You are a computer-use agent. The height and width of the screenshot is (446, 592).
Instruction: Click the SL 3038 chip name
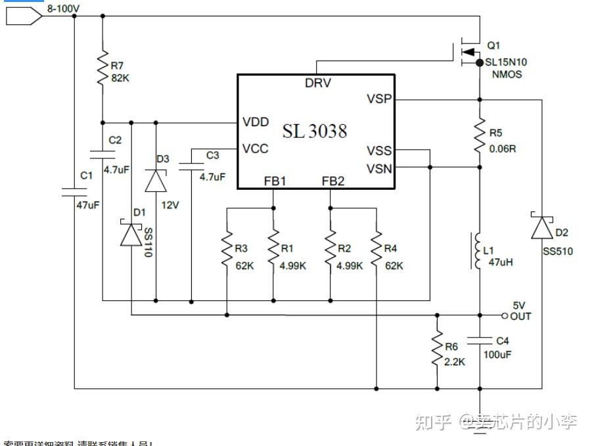(x=315, y=131)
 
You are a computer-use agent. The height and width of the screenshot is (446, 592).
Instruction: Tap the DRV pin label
(x=318, y=83)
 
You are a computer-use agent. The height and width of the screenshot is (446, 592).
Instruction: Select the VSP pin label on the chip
(x=379, y=99)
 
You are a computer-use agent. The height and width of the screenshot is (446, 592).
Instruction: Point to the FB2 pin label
(x=332, y=181)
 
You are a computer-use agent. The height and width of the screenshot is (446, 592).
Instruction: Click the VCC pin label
(x=255, y=148)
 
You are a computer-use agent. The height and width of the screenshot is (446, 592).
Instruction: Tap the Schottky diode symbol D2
(x=541, y=227)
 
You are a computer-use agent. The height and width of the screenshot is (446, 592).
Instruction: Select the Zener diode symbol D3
(x=156, y=179)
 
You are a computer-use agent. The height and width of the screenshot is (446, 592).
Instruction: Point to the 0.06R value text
(x=503, y=148)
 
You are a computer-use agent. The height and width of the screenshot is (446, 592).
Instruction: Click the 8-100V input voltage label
(x=63, y=9)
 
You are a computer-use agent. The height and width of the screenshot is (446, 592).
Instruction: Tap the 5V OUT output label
(x=520, y=311)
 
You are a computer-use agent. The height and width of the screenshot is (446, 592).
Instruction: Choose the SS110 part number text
(x=148, y=243)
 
